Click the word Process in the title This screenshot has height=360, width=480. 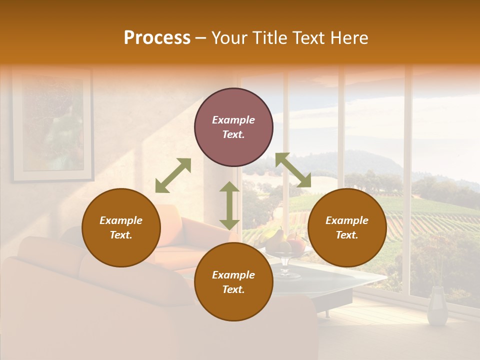coord(157,38)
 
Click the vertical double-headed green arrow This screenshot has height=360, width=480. coord(229,205)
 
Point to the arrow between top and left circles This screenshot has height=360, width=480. coord(173,175)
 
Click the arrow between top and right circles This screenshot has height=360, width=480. coord(293,170)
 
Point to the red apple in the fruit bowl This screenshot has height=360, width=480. coord(297,244)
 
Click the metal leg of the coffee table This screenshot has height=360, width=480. coord(327,313)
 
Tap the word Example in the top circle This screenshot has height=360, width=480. coord(233,120)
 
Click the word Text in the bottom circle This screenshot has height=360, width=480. coord(232,290)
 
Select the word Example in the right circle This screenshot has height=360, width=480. coord(347,220)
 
